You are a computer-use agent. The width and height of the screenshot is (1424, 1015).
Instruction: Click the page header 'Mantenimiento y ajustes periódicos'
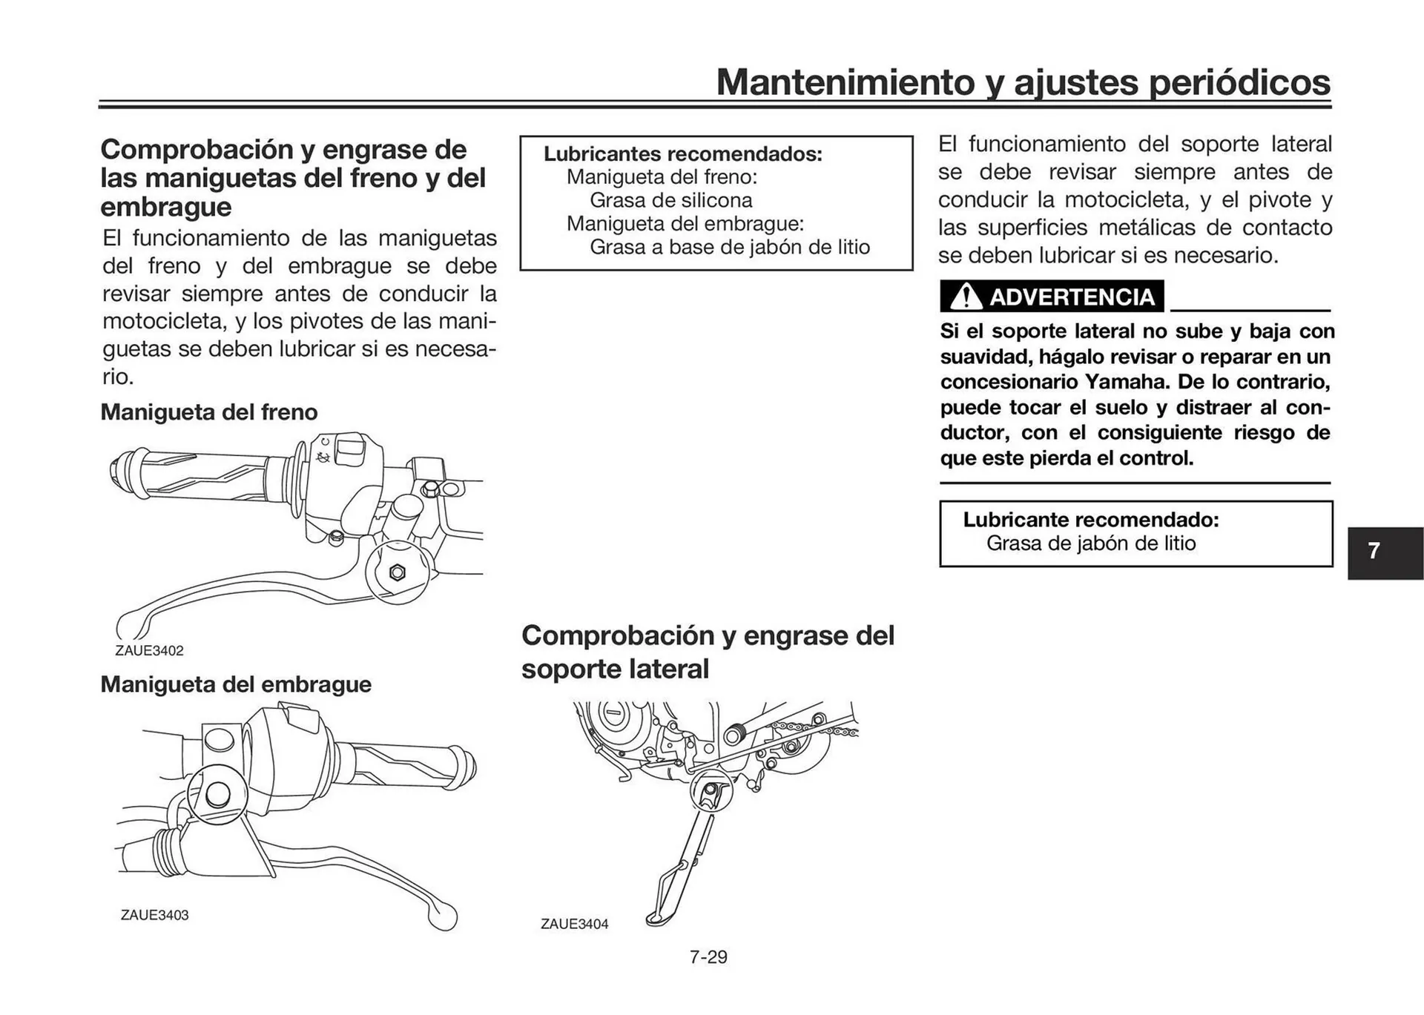[x=1023, y=82]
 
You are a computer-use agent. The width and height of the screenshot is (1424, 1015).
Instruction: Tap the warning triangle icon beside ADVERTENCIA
[x=965, y=297]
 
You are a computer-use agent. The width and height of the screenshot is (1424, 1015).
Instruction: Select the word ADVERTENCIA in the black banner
[x=1072, y=297]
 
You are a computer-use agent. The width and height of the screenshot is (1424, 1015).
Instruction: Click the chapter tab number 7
[x=1374, y=551]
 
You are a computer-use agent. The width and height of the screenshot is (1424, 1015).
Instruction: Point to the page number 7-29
[x=708, y=957]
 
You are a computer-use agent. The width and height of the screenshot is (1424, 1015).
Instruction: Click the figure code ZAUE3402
[x=149, y=651]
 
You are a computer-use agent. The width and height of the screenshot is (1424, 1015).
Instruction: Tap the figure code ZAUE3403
[x=154, y=915]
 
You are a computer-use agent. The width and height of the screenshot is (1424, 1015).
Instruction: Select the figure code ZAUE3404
[x=574, y=924]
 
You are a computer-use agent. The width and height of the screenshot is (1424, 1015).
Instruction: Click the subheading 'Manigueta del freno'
[x=208, y=412]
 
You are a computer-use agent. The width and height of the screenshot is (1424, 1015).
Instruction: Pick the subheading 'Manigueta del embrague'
[x=236, y=684]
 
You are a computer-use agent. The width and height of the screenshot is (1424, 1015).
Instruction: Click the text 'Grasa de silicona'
[x=670, y=200]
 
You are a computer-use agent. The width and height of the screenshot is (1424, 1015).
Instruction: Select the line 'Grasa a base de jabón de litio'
[x=729, y=247]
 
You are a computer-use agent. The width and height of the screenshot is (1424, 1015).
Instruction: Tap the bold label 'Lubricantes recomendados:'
[x=682, y=154]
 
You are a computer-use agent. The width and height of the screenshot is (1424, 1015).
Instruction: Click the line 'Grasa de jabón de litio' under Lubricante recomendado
[x=1090, y=543]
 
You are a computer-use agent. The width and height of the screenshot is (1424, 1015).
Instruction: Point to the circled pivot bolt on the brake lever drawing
[x=397, y=572]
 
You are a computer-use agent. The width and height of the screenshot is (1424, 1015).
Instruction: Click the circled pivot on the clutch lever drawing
[x=217, y=794]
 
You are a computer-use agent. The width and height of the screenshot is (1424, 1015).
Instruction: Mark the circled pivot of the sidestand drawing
[x=711, y=791]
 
